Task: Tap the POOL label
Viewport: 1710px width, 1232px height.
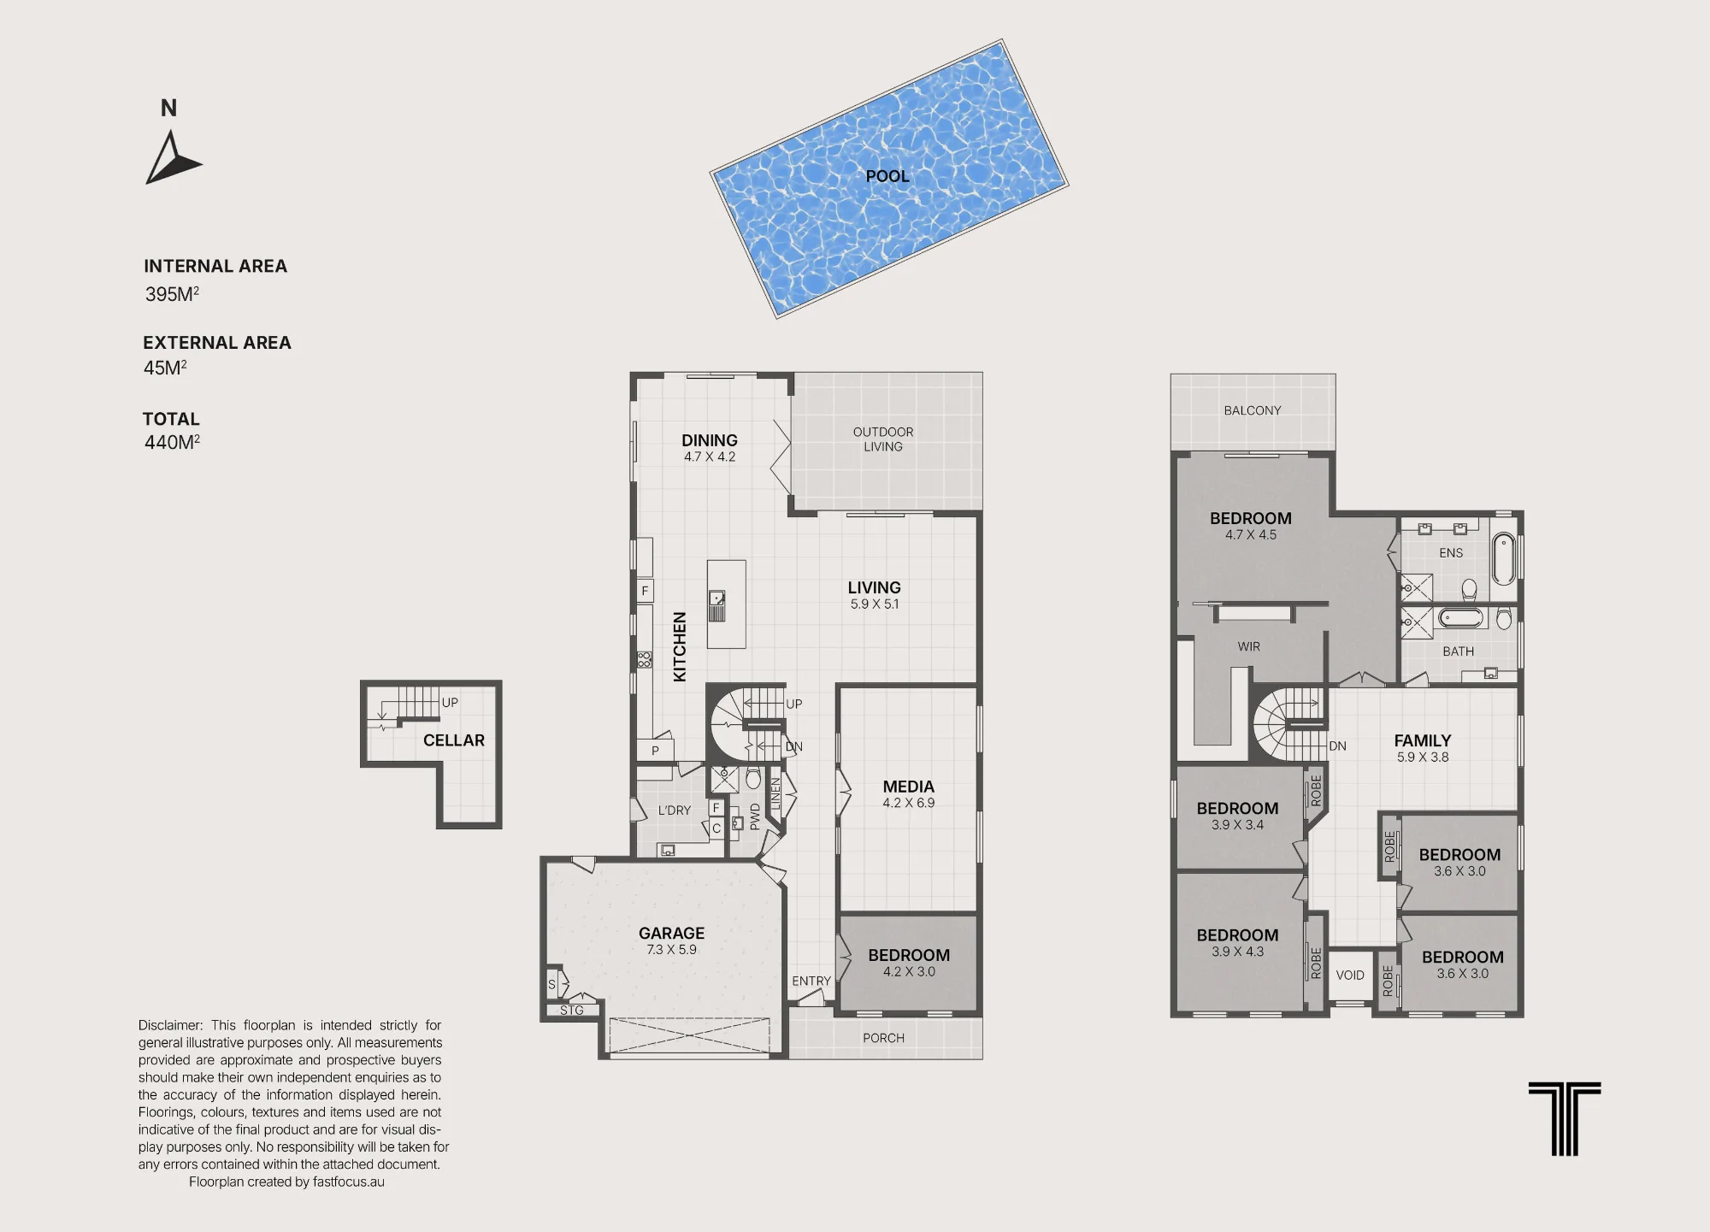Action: pos(887,176)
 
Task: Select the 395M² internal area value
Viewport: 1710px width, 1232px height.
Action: pos(172,294)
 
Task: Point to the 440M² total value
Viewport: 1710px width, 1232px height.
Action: pos(172,442)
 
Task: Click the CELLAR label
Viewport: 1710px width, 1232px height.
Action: pos(454,740)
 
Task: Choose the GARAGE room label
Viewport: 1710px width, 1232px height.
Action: pos(672,933)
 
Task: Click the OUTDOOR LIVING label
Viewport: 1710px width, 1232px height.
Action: pos(883,439)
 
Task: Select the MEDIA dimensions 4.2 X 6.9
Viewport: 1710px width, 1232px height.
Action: pos(909,803)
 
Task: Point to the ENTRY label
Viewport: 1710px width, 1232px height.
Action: pos(811,981)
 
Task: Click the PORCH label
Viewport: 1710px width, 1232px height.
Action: pos(883,1038)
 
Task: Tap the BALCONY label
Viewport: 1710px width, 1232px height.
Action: pos(1253,410)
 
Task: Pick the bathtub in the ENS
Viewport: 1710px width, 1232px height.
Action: pos(1503,558)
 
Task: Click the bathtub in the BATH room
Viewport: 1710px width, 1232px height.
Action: pos(1461,617)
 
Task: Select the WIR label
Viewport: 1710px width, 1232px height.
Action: pos(1249,646)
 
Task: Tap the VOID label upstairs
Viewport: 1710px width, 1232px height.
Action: pos(1350,975)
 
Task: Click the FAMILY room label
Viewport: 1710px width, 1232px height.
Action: pos(1423,740)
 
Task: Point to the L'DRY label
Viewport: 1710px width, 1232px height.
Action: pos(675,811)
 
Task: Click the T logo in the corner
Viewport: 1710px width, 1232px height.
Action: pos(1565,1119)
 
